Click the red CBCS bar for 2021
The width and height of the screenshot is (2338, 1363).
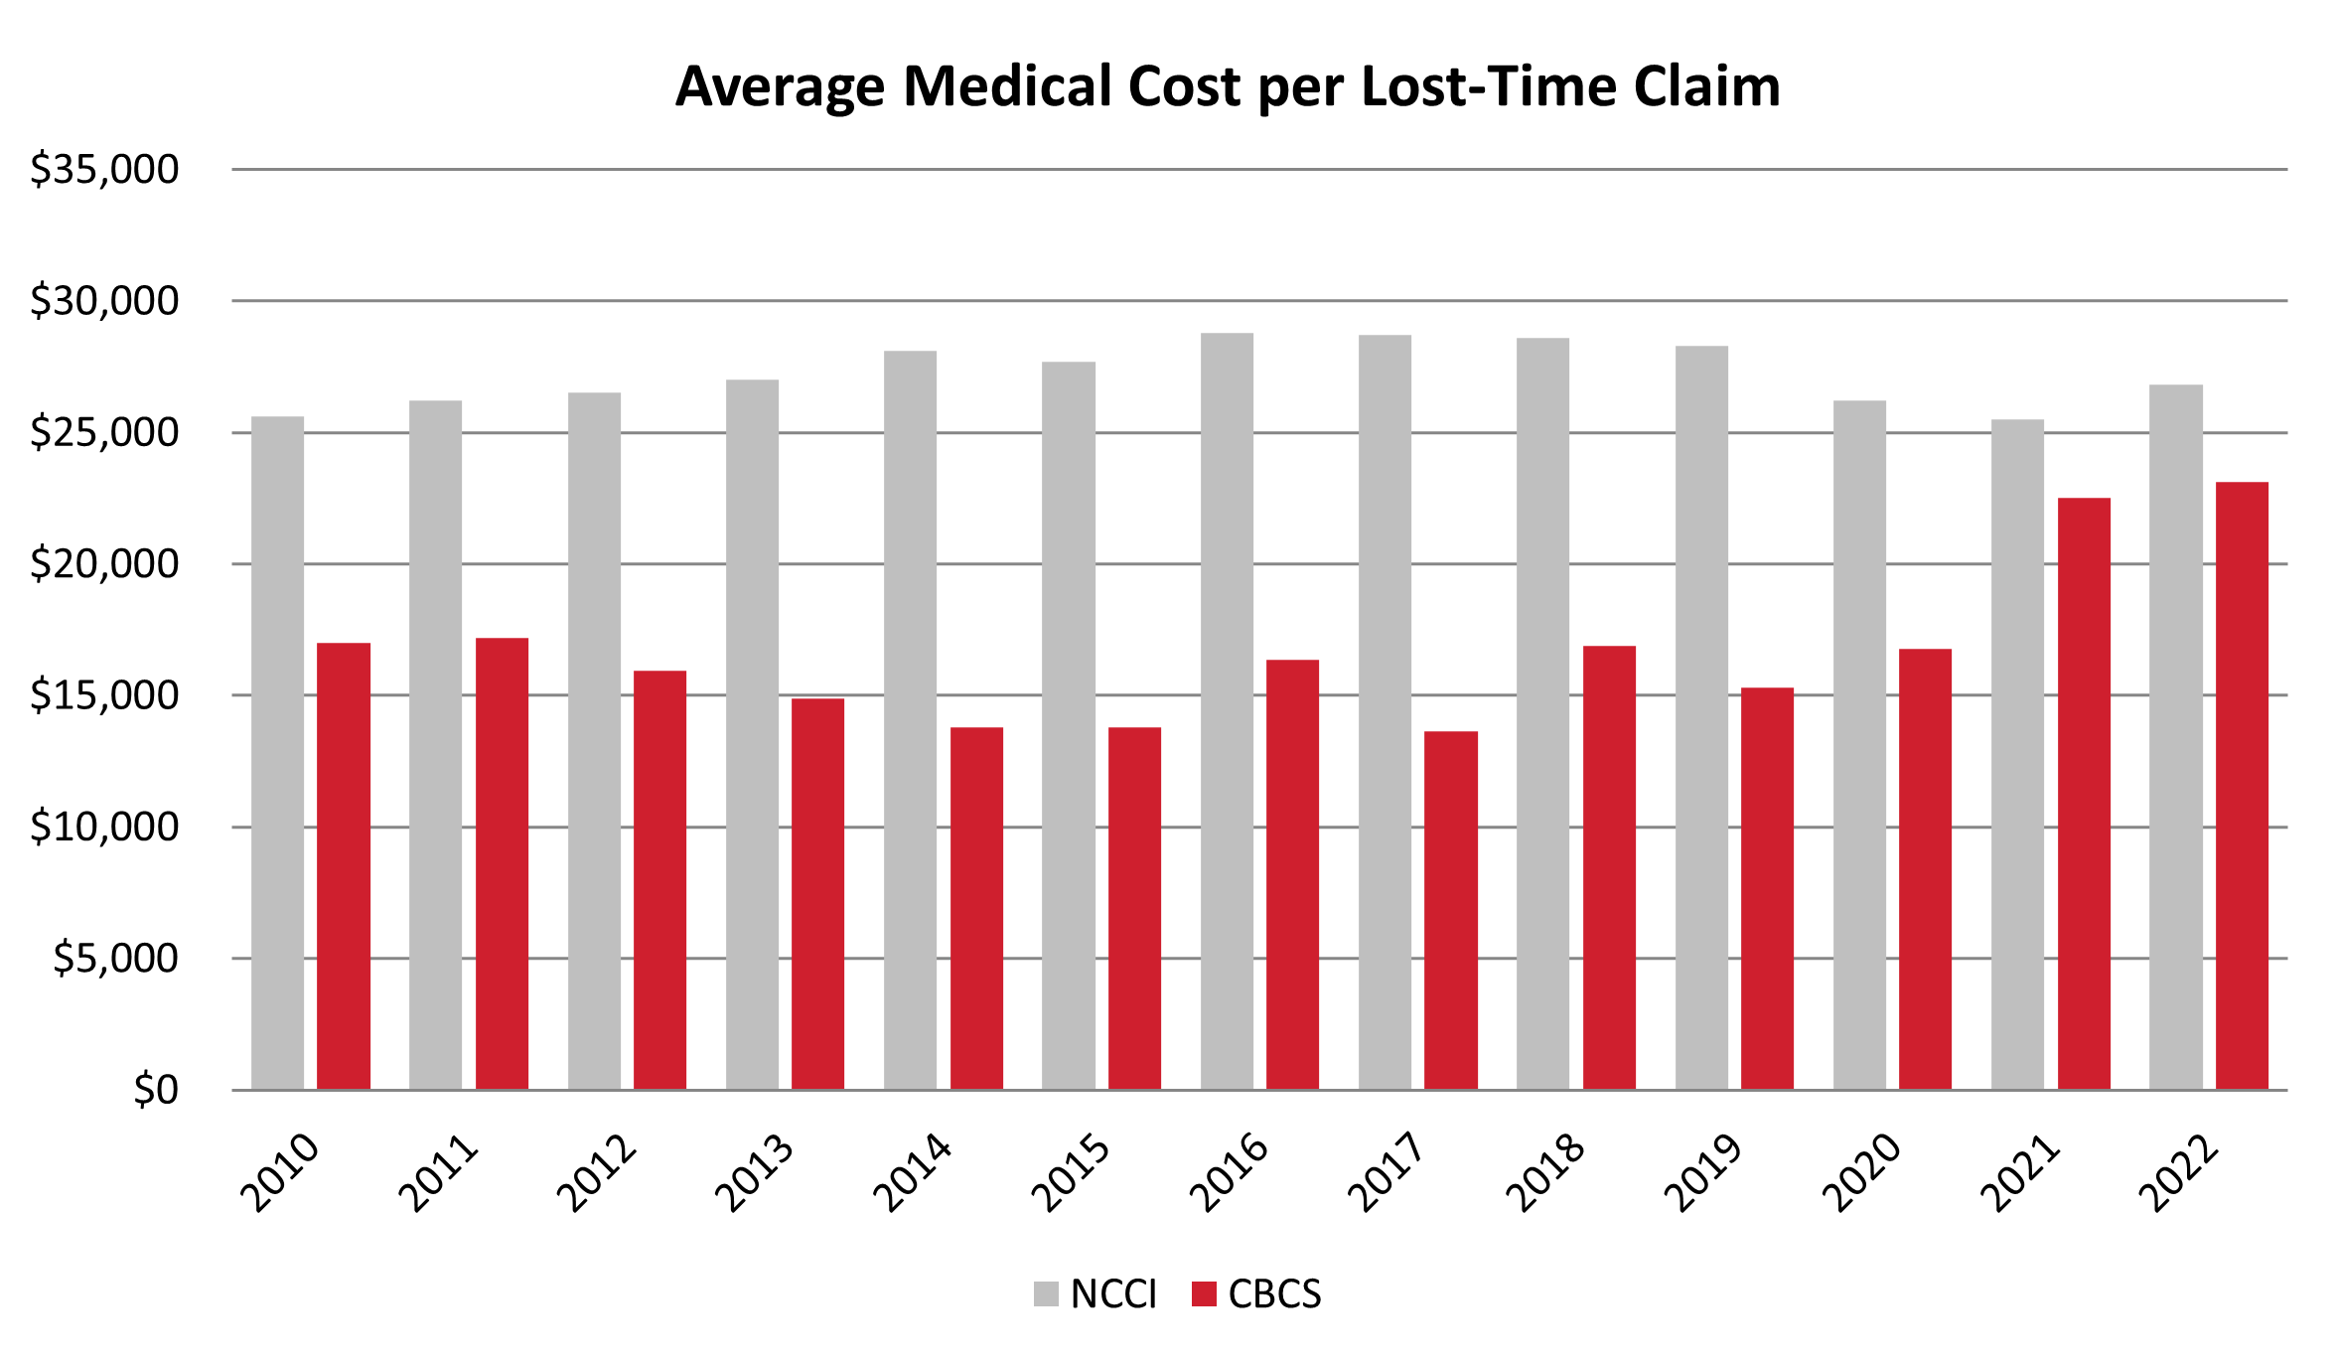pos(2083,795)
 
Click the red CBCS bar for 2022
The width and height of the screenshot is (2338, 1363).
pos(2242,786)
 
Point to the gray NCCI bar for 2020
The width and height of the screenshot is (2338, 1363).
pos(1859,745)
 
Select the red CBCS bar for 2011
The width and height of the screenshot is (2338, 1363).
pos(502,864)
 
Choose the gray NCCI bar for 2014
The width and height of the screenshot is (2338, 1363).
pos(910,720)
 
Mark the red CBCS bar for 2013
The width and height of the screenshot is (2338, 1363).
pos(817,894)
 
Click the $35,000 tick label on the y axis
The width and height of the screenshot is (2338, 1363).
pos(104,170)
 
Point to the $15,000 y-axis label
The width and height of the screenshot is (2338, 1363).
pos(104,695)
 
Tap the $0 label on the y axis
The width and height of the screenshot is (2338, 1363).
pos(156,1090)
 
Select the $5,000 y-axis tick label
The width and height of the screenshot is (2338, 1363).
pos(115,959)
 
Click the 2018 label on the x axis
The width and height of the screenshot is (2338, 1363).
pos(1545,1174)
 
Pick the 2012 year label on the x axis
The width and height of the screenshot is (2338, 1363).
pos(596,1174)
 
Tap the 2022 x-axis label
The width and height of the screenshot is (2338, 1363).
pos(2178,1174)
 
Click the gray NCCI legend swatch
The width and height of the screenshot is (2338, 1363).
pos(1046,1293)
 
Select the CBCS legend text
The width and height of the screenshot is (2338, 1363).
pos(1274,1293)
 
